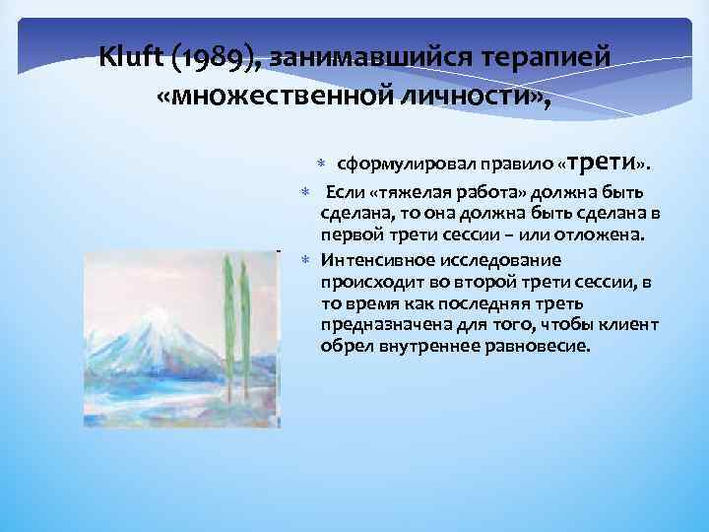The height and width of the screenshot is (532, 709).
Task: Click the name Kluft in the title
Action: tap(132, 58)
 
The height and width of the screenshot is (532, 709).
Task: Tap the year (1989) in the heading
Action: tap(219, 58)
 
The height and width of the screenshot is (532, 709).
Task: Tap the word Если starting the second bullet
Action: tap(344, 190)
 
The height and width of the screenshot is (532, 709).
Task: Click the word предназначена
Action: tap(378, 325)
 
